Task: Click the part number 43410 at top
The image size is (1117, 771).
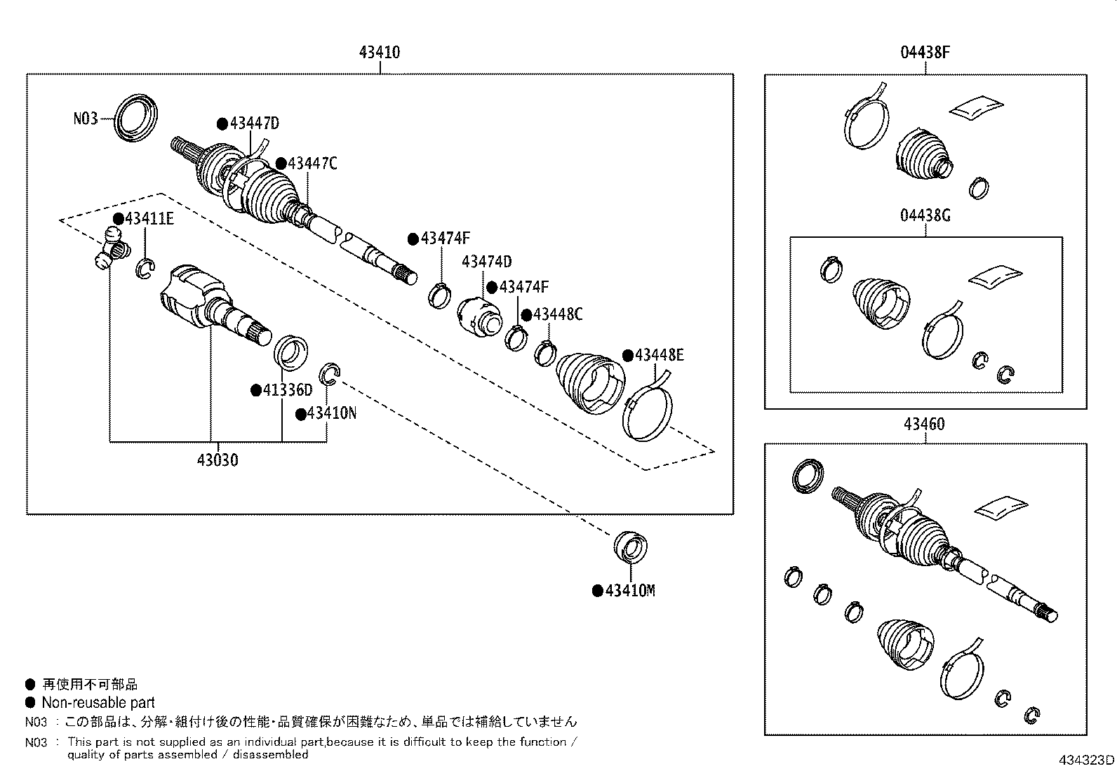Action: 379,52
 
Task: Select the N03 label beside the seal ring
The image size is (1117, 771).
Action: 86,119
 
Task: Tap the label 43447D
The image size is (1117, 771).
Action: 253,123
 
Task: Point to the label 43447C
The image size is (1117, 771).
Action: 312,163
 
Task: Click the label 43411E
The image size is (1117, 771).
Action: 149,218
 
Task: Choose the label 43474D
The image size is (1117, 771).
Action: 486,262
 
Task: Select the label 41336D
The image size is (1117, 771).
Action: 287,390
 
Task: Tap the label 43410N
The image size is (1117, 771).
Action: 331,413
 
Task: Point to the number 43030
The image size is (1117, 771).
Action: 217,460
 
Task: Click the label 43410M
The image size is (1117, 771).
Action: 629,591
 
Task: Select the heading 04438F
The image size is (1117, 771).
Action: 925,52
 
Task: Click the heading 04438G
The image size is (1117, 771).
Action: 925,215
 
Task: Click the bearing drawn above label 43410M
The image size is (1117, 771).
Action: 630,547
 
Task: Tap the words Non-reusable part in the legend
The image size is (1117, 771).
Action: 98,702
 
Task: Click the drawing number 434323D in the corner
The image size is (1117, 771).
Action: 1086,760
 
